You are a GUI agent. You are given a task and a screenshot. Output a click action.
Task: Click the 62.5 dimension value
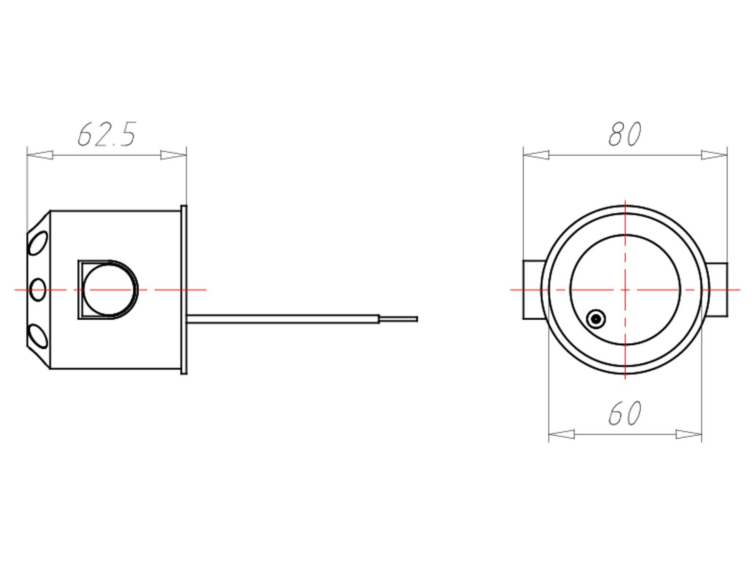(x=107, y=134)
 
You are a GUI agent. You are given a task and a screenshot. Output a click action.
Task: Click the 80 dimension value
(x=625, y=134)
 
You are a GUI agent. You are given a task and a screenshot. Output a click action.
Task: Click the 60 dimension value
(x=625, y=413)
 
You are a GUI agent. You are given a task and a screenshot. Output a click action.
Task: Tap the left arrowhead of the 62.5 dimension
(x=40, y=155)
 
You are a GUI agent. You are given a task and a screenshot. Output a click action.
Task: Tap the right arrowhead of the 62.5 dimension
(x=173, y=155)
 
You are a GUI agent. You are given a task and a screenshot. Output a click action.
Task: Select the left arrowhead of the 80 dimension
(x=536, y=155)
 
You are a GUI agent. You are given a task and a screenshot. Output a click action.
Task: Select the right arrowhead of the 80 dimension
(x=714, y=155)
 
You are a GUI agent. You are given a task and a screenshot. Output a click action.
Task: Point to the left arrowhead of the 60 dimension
(x=562, y=434)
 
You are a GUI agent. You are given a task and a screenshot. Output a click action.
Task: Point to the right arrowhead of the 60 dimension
(x=688, y=434)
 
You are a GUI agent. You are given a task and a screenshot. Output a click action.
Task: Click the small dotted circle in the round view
(x=596, y=319)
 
